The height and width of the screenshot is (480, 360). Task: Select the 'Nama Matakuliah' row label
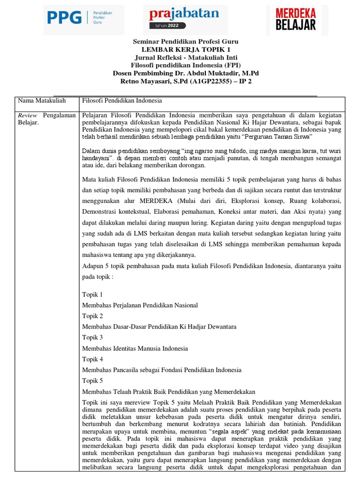click(41, 100)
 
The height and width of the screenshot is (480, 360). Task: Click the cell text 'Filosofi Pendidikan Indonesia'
click(122, 100)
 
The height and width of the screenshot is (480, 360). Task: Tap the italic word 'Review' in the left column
click(27, 115)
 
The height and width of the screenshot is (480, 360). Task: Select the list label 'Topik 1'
click(92, 294)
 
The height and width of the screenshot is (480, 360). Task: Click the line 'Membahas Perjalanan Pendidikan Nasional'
click(140, 305)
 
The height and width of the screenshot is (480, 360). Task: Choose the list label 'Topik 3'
click(92, 337)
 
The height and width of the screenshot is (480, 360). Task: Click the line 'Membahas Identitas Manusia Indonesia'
click(135, 348)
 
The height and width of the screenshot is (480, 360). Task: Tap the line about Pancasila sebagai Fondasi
click(162, 370)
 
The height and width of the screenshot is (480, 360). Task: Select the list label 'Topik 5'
click(92, 380)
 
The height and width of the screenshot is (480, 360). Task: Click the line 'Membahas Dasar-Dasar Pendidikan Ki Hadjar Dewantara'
click(159, 327)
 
